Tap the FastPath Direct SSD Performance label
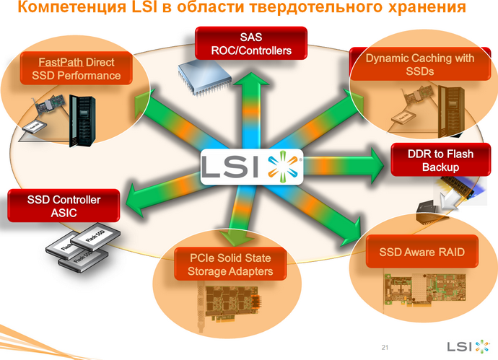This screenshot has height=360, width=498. [x=80, y=69]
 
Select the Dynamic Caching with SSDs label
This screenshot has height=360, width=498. [x=419, y=64]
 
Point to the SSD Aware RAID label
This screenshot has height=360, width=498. [x=422, y=253]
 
